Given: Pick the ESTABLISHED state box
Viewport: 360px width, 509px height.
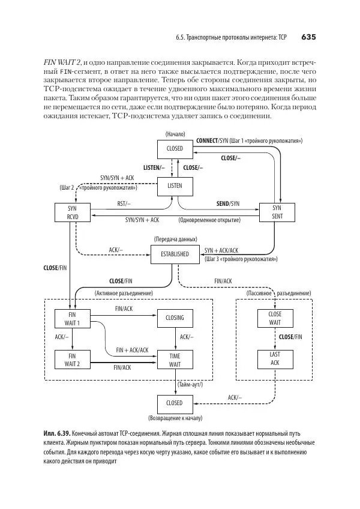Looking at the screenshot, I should click(175, 254).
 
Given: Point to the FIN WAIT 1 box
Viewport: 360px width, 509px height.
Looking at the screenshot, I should click(72, 318).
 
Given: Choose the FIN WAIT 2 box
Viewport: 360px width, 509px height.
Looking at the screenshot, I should click(72, 360).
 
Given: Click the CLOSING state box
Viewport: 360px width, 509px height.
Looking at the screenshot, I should click(175, 318).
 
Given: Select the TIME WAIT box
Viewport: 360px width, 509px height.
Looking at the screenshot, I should click(175, 360).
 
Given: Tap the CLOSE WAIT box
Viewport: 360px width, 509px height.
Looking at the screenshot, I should click(275, 318).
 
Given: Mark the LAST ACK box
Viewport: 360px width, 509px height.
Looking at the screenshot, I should click(275, 358).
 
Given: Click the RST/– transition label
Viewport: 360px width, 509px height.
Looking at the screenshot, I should click(124, 204).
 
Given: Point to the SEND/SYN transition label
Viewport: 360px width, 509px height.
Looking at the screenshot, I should click(227, 204).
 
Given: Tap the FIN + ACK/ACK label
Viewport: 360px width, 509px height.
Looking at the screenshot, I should click(132, 349).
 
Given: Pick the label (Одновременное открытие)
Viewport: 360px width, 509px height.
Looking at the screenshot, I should click(210, 220).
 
